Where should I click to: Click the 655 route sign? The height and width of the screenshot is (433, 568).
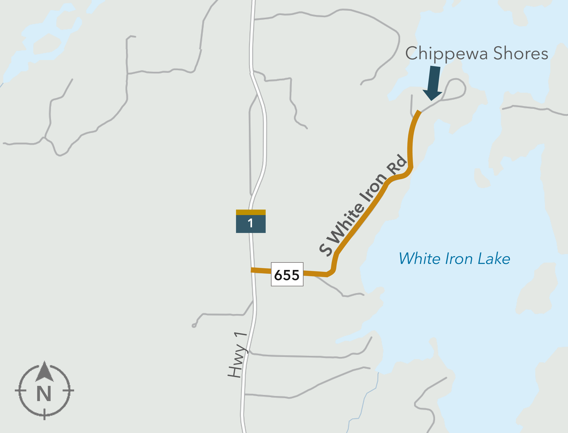(x=287, y=274)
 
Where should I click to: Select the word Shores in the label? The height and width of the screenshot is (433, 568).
(x=521, y=53)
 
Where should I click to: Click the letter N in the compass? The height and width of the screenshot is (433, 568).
(x=44, y=394)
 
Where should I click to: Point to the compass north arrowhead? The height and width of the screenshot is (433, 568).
(x=45, y=372)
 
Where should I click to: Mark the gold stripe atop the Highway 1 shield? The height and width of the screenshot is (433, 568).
(x=251, y=212)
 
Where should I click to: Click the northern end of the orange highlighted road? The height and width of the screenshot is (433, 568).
(x=419, y=112)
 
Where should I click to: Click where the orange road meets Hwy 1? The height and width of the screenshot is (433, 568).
(x=252, y=270)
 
